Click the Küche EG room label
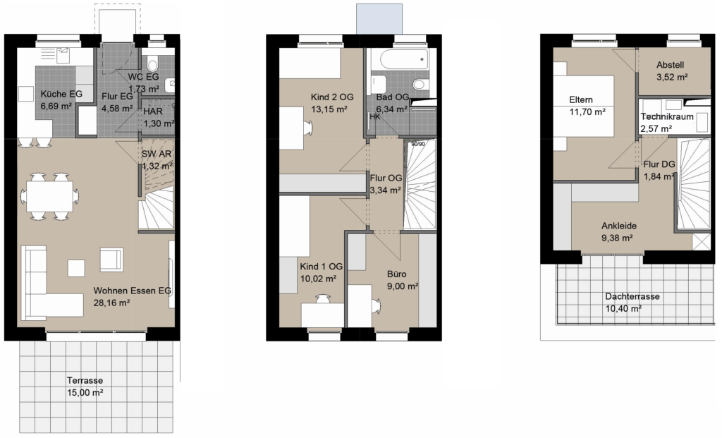click(61, 94)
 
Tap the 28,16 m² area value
click(111, 303)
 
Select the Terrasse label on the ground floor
click(85, 380)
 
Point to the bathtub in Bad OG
click(403, 59)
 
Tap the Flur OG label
click(386, 178)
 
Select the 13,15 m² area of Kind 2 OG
click(329, 109)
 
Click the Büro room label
click(396, 274)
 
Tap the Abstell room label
click(670, 65)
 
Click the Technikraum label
click(667, 116)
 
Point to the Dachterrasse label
click(632, 297)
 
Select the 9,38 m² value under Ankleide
click(616, 238)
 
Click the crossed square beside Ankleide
click(702, 242)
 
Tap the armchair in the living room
click(111, 260)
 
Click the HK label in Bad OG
click(375, 117)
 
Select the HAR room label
click(152, 111)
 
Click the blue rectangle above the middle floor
click(379, 19)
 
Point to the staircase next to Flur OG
click(420, 184)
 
